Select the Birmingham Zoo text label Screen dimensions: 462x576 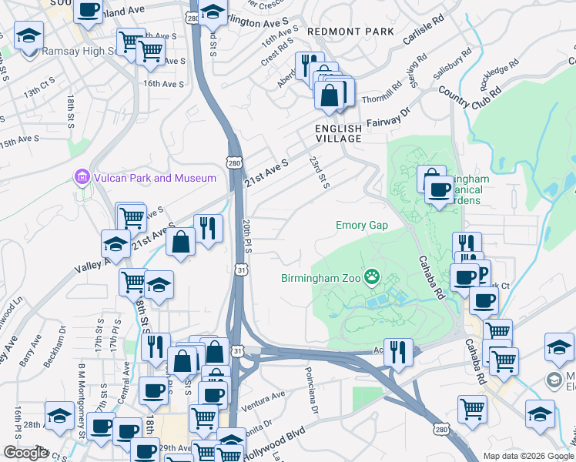(x=320, y=276)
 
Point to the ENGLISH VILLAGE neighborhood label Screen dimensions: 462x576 (x=338, y=132)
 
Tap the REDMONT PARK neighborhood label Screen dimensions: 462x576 (x=350, y=32)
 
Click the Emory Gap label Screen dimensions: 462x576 (x=361, y=226)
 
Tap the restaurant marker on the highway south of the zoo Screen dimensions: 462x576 (x=397, y=352)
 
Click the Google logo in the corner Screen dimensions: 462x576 (x=25, y=453)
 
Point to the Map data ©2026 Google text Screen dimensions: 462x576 (x=527, y=456)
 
